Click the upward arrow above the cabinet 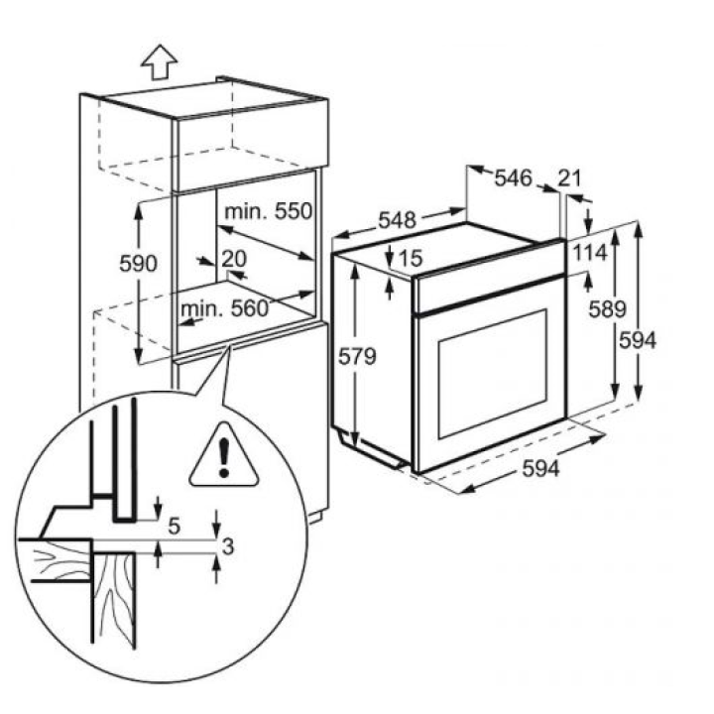[159, 62]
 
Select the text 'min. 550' [268, 211]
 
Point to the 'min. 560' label [224, 307]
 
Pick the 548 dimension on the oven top [395, 218]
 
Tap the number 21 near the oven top [569, 178]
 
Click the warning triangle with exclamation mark [225, 458]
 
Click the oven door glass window [493, 372]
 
